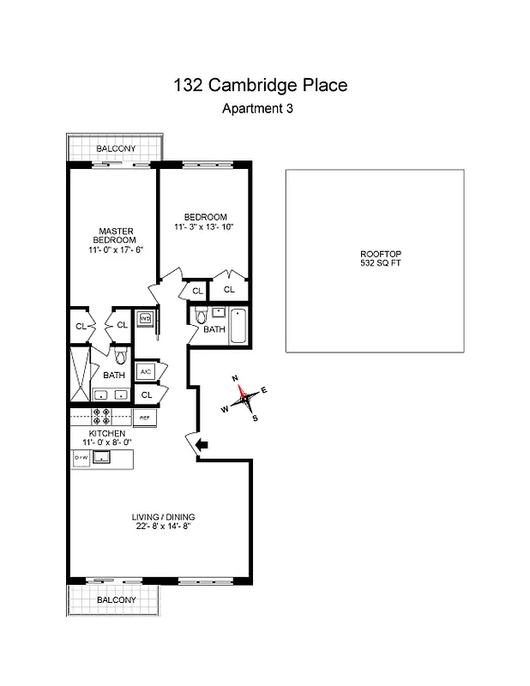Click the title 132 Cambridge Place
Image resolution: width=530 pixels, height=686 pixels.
click(x=262, y=85)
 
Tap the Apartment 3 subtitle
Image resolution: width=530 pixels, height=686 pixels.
click(x=262, y=108)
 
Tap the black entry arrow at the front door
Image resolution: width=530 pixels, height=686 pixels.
click(x=202, y=444)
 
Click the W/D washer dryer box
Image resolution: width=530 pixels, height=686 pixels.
click(x=146, y=319)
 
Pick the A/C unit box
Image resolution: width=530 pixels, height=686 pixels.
click(x=146, y=371)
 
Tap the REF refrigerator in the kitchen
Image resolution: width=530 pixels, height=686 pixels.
click(x=145, y=418)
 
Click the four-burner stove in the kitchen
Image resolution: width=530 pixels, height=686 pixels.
click(x=102, y=418)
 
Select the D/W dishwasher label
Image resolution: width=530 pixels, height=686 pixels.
click(x=81, y=459)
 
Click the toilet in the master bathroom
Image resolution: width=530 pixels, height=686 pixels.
click(x=120, y=354)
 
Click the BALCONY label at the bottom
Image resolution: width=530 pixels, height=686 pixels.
click(x=115, y=600)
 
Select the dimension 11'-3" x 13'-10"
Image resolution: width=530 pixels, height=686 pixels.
click(x=203, y=227)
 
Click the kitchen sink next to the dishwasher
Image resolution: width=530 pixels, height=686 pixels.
click(x=103, y=458)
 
